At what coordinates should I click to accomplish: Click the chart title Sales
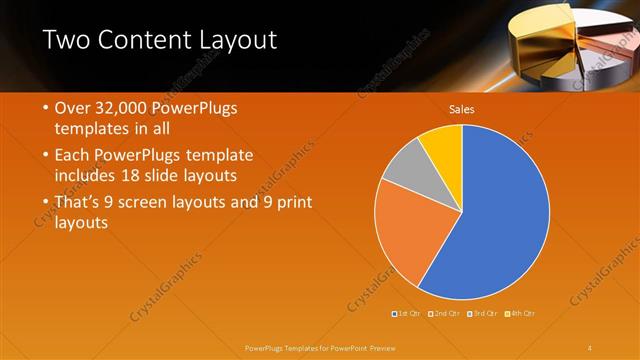(x=461, y=109)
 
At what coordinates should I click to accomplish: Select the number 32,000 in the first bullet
(x=122, y=107)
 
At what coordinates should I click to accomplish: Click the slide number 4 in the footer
(x=590, y=347)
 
